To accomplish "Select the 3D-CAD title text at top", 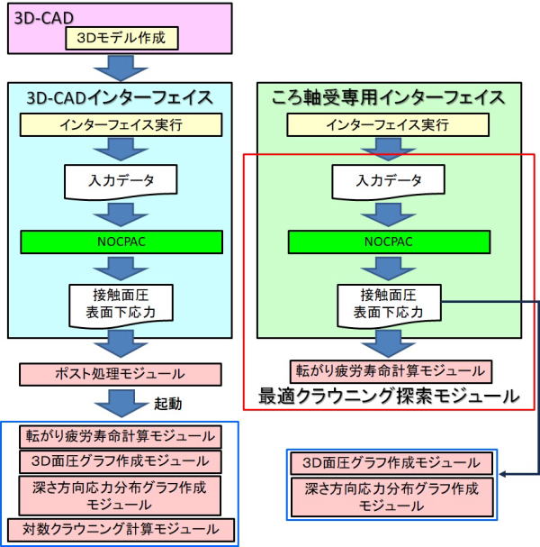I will tap(42, 16).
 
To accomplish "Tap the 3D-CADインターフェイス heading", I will tap(120, 96).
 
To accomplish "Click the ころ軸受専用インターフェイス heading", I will tap(388, 96).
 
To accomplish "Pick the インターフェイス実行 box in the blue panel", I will tap(121, 124).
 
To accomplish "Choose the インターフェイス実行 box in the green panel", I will tap(388, 124).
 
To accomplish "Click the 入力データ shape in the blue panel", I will tap(120, 182).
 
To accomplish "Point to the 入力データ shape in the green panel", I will tap(387, 182).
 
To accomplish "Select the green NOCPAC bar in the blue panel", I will tap(121, 242).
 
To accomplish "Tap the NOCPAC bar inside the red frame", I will tap(388, 242).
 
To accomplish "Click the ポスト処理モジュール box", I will tap(120, 372).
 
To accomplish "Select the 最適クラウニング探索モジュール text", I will tap(388, 395).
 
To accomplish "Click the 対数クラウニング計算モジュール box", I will tap(121, 528).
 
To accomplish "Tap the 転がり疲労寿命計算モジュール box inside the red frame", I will tap(388, 370).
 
